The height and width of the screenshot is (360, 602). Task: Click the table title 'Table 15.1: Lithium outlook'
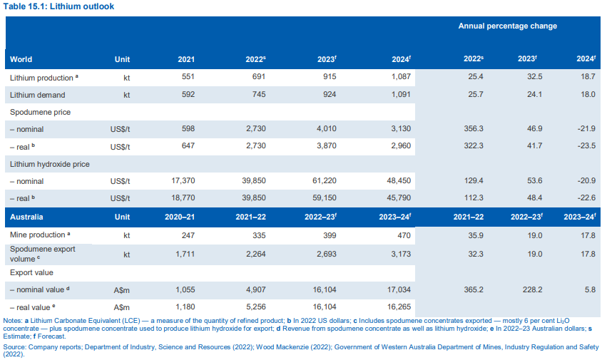click(x=58, y=6)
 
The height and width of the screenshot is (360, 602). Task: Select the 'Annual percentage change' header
click(x=507, y=26)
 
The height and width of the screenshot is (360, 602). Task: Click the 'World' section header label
click(x=21, y=59)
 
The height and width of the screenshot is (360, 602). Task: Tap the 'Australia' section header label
click(x=26, y=216)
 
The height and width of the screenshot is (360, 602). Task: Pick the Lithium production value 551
click(x=186, y=77)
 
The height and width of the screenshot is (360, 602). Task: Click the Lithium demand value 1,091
click(x=402, y=95)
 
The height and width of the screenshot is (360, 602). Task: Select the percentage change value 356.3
click(x=474, y=129)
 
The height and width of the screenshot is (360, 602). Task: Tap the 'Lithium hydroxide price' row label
click(x=49, y=164)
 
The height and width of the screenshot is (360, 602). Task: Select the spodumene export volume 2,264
click(x=254, y=254)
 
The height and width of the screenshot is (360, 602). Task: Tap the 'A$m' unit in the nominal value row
click(x=121, y=290)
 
